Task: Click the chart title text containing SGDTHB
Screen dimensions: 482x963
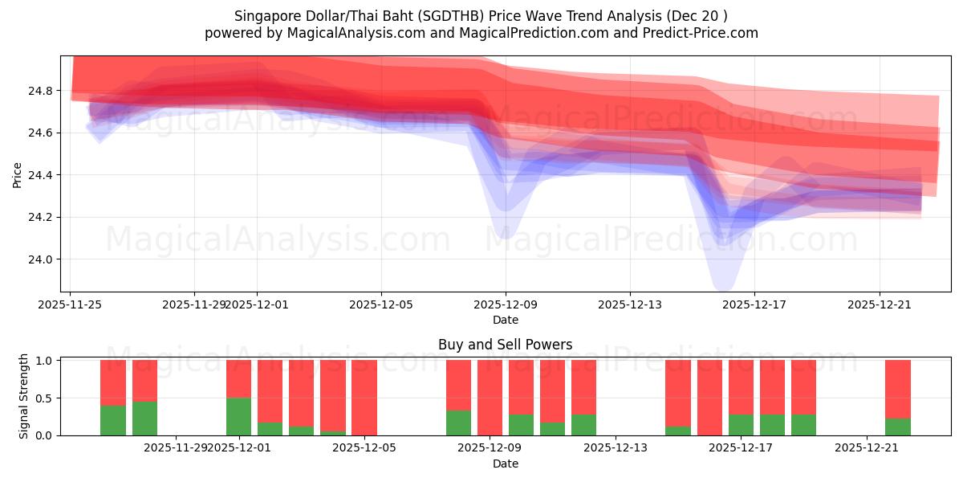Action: coord(481,16)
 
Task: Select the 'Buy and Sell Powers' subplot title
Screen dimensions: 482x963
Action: coord(505,345)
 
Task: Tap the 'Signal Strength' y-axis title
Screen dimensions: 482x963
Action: coord(24,396)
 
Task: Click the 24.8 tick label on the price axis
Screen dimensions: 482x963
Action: coord(40,91)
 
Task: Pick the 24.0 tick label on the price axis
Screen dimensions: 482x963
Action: coord(40,259)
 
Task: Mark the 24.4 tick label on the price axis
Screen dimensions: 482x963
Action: coord(40,175)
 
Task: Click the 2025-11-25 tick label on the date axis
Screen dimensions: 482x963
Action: coord(71,304)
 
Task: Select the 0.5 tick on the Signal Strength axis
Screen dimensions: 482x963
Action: coord(44,398)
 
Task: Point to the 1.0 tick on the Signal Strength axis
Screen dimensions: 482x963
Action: coord(44,361)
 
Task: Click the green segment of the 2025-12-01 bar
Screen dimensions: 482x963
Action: coord(238,416)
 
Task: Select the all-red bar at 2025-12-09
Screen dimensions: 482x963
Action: coord(490,398)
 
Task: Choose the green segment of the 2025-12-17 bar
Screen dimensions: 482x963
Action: coord(741,425)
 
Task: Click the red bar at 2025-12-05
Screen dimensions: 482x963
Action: coord(364,398)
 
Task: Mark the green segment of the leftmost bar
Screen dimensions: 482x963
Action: coord(113,420)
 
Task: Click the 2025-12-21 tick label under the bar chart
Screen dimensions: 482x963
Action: coord(868,447)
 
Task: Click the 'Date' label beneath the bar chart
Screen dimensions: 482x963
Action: coord(505,464)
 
